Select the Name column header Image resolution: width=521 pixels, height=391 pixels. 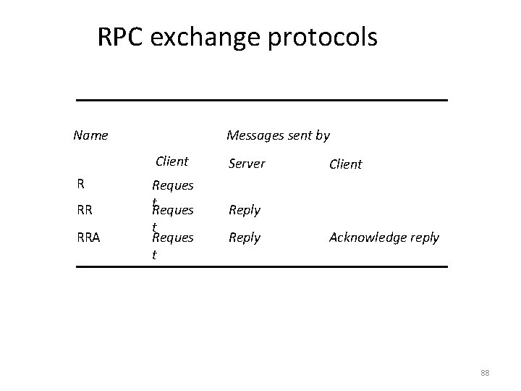tap(90, 135)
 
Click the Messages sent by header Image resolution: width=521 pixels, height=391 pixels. tap(278, 135)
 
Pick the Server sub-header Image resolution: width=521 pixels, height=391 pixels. tap(247, 164)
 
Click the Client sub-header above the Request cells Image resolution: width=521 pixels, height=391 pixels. tap(172, 161)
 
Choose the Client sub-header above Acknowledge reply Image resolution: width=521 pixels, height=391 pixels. tap(345, 164)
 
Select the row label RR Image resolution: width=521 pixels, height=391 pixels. tap(84, 211)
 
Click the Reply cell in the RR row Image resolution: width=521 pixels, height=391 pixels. tap(245, 211)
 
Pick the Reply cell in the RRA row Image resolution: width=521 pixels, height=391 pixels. tap(245, 237)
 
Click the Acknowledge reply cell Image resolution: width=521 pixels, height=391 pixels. tap(384, 237)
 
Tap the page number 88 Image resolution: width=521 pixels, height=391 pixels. tap(485, 373)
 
